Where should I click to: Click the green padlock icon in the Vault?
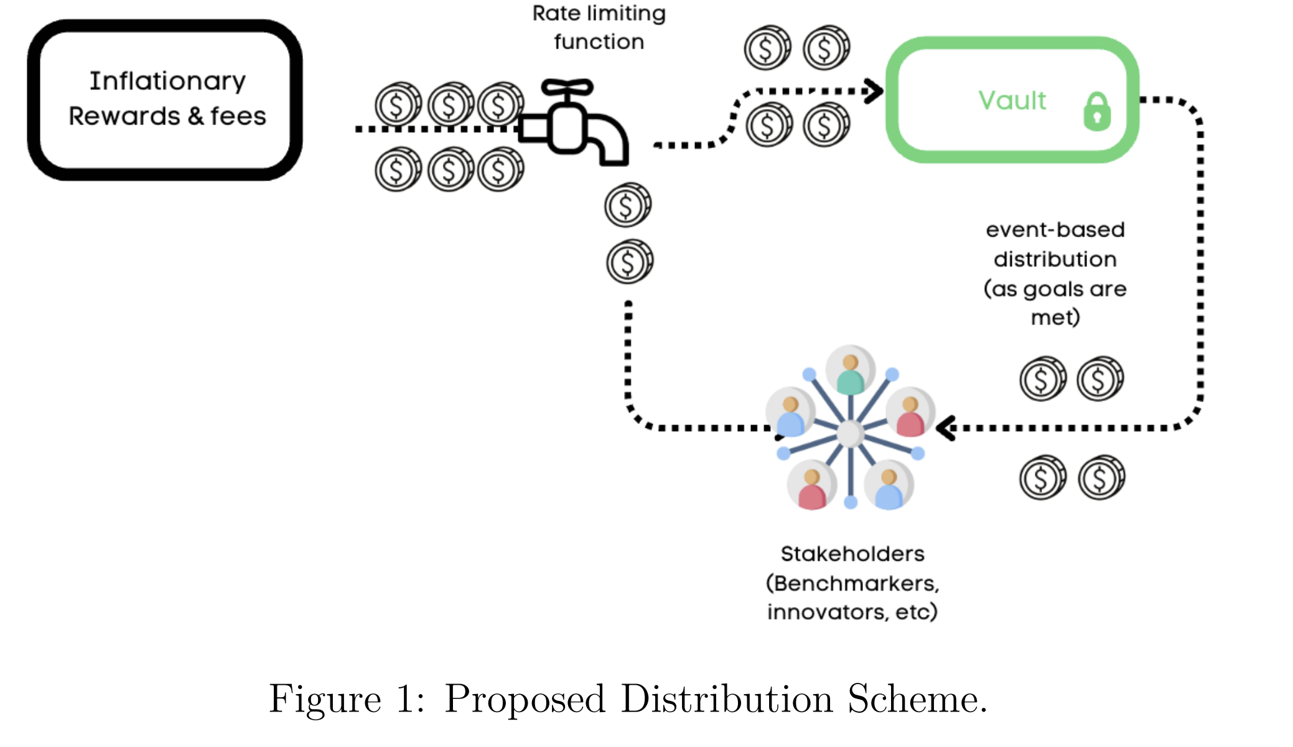tap(1096, 111)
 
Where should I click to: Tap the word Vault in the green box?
tap(1012, 101)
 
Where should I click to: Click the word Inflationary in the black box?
tap(167, 82)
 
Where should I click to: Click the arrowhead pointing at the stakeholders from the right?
tap(946, 428)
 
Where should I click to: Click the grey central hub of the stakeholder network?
tap(850, 434)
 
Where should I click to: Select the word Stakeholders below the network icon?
tap(852, 553)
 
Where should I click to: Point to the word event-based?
tap(1055, 230)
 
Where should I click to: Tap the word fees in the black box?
tap(238, 116)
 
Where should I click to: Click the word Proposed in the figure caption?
tap(525, 699)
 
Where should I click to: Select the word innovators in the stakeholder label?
tap(827, 612)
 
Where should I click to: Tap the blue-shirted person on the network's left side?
tap(790, 415)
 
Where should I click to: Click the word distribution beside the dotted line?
tap(1055, 259)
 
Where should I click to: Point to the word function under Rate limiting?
tap(599, 42)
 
